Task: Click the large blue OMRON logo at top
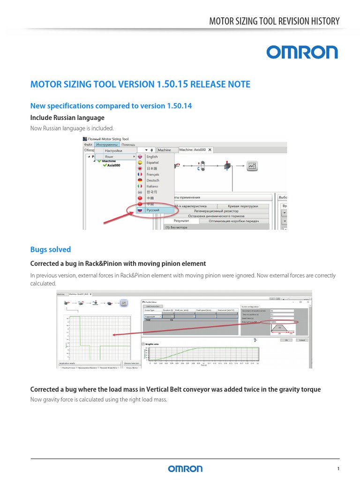(x=302, y=52)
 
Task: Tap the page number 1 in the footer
(x=338, y=469)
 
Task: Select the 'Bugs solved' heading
(x=50, y=249)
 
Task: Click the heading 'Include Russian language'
(x=67, y=118)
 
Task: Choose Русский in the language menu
(x=153, y=210)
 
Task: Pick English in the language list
(x=152, y=157)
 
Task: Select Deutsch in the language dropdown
(x=153, y=180)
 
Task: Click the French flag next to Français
(x=140, y=174)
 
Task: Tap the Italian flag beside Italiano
(x=140, y=186)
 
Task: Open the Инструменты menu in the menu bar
(x=106, y=144)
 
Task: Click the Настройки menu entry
(x=113, y=150)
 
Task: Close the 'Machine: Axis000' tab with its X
(x=210, y=150)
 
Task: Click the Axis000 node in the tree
(x=113, y=165)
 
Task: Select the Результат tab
(x=181, y=220)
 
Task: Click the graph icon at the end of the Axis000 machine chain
(x=253, y=165)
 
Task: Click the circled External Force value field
(x=281, y=322)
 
